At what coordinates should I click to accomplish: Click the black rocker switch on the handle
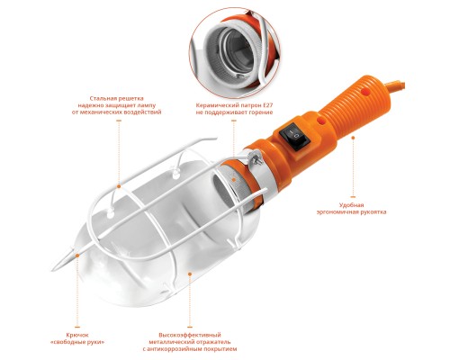[x=293, y=136]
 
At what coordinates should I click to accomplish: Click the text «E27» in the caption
[x=268, y=105]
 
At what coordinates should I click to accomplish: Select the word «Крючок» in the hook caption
[x=77, y=335]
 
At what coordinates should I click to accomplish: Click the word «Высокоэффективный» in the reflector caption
[x=190, y=335]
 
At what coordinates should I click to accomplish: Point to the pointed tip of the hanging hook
[x=53, y=270]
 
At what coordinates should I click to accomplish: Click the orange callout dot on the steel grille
[x=119, y=186]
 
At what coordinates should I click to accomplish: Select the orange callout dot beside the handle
[x=353, y=138]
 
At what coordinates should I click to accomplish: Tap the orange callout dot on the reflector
[x=190, y=274]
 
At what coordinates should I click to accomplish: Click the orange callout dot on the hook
[x=77, y=256]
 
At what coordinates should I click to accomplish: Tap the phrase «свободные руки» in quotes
[x=77, y=342]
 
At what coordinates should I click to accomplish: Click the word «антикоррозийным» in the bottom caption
[x=177, y=349]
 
